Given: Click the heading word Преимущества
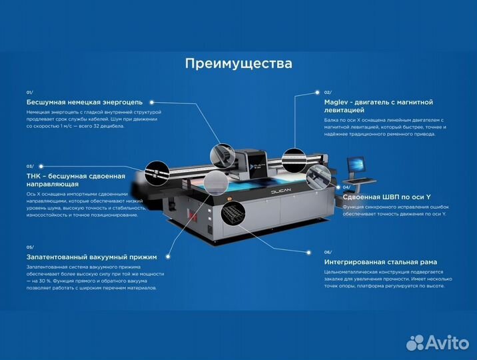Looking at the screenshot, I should [238, 64].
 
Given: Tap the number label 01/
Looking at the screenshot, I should [30, 92].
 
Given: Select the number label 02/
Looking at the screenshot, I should [328, 92].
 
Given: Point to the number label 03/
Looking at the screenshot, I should [30, 166].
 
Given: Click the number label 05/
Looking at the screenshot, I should [30, 247].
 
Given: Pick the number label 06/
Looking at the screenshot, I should [328, 252].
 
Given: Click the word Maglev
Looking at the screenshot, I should [338, 102].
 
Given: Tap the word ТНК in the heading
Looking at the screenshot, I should [34, 176].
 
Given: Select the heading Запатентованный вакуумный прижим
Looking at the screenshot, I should [91, 257].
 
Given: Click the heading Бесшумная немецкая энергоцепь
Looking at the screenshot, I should [85, 102].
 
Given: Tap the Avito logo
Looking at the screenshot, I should [437, 342].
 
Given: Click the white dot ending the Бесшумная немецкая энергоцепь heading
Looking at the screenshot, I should [152, 103].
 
